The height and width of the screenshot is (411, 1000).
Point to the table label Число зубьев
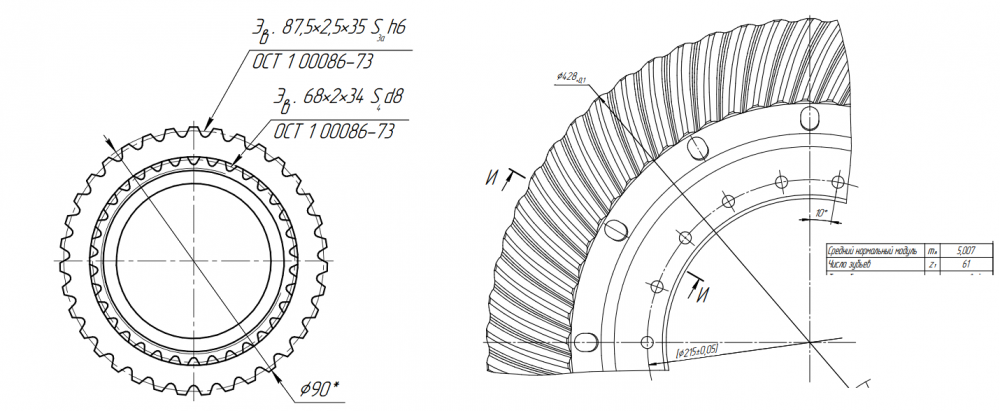click(x=850, y=265)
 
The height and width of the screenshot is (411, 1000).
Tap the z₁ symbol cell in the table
click(x=932, y=265)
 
